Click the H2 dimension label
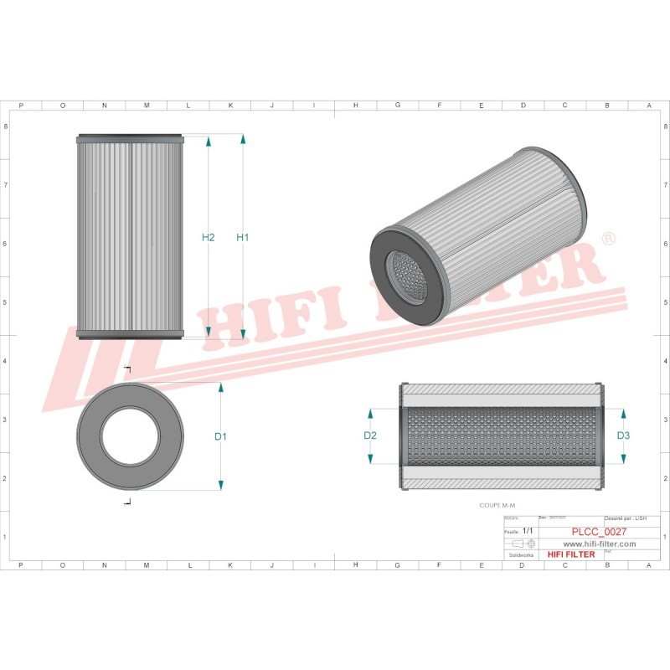[209, 237]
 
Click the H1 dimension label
[243, 237]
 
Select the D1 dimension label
[221, 436]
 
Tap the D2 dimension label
[370, 435]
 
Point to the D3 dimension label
[623, 435]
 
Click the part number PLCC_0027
[599, 531]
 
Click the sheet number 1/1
[528, 531]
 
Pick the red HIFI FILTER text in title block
[570, 554]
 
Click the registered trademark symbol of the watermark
[609, 240]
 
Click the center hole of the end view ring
[129, 436]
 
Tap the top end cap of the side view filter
[129, 138]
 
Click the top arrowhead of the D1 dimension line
[221, 389]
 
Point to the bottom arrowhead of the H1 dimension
[243, 334]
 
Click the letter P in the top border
[20, 106]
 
